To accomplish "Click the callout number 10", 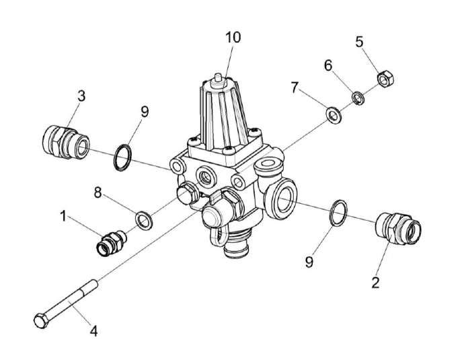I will [x=232, y=37].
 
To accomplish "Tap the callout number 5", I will [x=360, y=42].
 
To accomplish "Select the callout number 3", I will [x=81, y=96].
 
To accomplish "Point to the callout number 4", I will [x=94, y=331].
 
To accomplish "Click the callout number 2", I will [x=375, y=282].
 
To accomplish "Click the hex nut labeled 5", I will [x=385, y=80].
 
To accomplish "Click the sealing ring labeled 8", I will [x=143, y=219].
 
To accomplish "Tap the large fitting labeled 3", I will [x=64, y=141].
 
